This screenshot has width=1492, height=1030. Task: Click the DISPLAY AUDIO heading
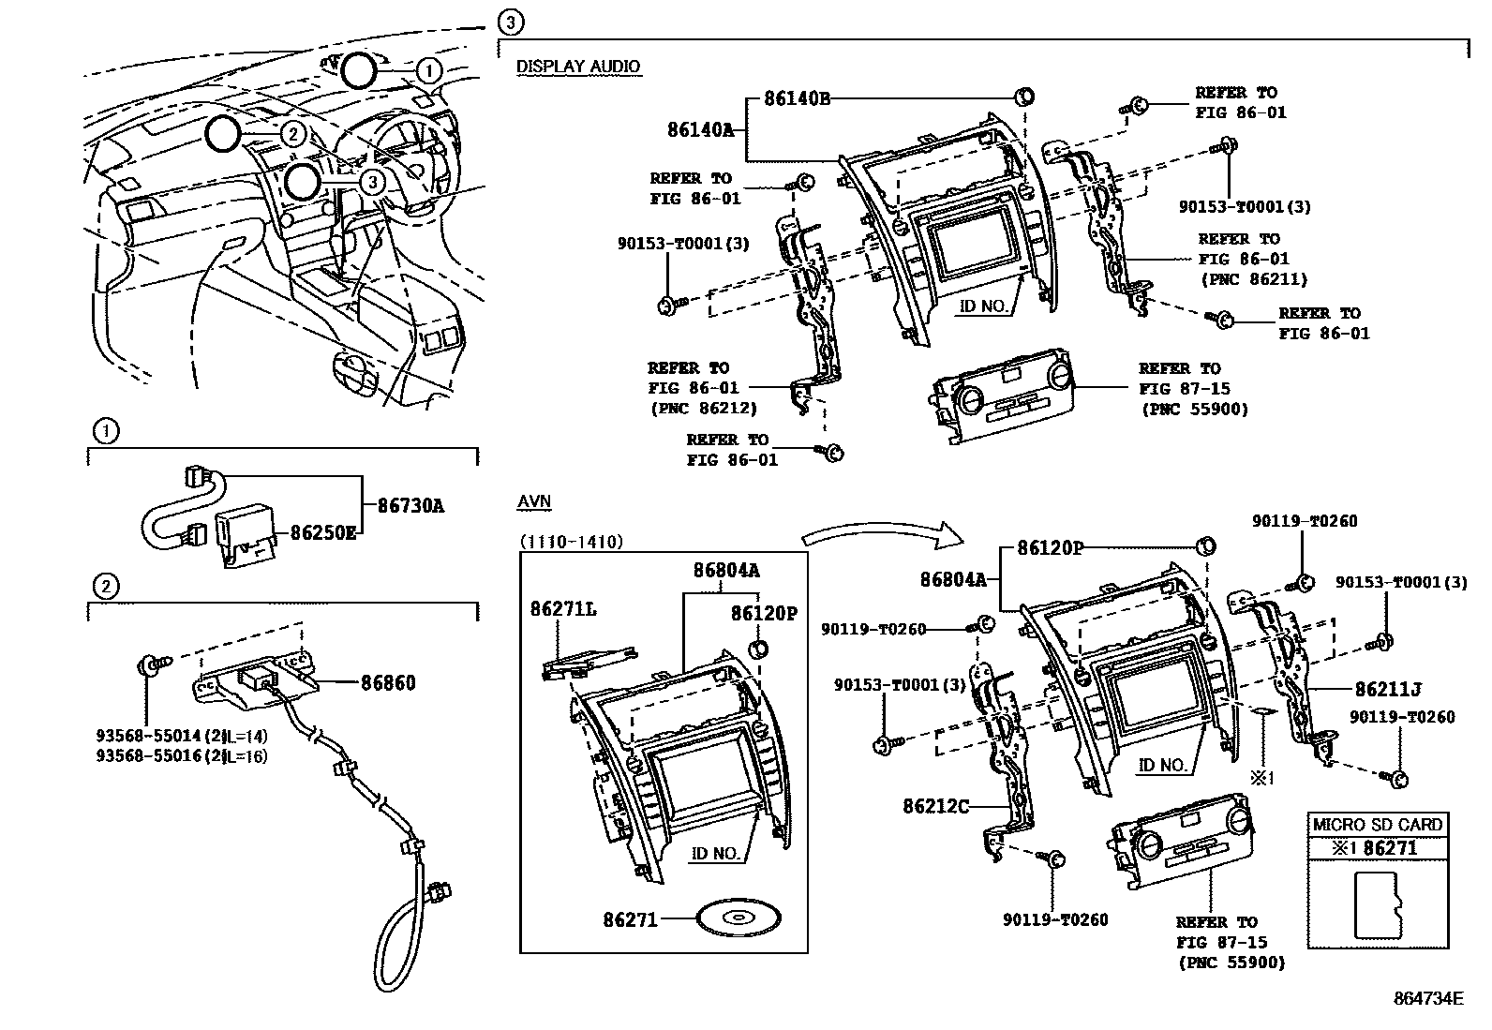pos(578,67)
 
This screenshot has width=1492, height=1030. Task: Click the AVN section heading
pos(533,502)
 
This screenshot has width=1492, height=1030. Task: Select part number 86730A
pos(410,506)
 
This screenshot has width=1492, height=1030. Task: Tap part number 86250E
pos(323,533)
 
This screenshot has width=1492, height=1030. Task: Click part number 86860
pos(388,682)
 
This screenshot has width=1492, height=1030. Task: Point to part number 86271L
pos(563,609)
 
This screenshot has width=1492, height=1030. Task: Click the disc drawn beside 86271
pos(739,918)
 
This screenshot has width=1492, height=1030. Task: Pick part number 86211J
pos(1387,690)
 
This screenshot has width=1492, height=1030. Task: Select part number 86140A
pos(700,130)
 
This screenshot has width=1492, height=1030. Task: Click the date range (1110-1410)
pos(572,542)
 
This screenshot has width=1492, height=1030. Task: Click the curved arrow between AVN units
pos(881,537)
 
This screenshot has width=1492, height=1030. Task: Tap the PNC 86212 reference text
pos(702,409)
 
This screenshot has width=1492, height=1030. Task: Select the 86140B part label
pos(797,97)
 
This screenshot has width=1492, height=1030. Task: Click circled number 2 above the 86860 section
pos(106,587)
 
